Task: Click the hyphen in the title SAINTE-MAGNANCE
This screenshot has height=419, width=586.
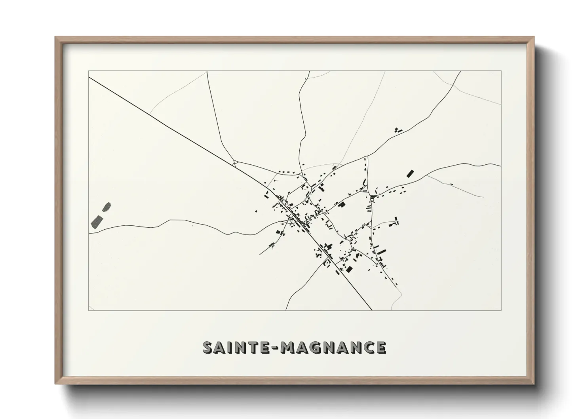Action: (x=274, y=348)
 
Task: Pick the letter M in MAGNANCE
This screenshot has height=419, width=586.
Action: (x=286, y=347)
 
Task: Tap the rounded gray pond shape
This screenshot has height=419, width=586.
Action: (x=107, y=207)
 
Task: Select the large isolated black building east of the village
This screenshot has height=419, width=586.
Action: (x=410, y=173)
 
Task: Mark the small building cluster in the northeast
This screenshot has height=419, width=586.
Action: (x=397, y=130)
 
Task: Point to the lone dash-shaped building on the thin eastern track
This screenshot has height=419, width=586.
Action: (x=451, y=184)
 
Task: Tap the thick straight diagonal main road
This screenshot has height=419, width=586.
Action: (x=178, y=131)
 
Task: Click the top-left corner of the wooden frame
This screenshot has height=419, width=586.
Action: (x=56, y=37)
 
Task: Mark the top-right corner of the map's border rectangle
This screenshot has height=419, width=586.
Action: (x=501, y=71)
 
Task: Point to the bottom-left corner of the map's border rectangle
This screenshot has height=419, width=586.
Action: (x=88, y=310)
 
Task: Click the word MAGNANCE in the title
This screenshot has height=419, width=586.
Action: (x=333, y=347)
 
